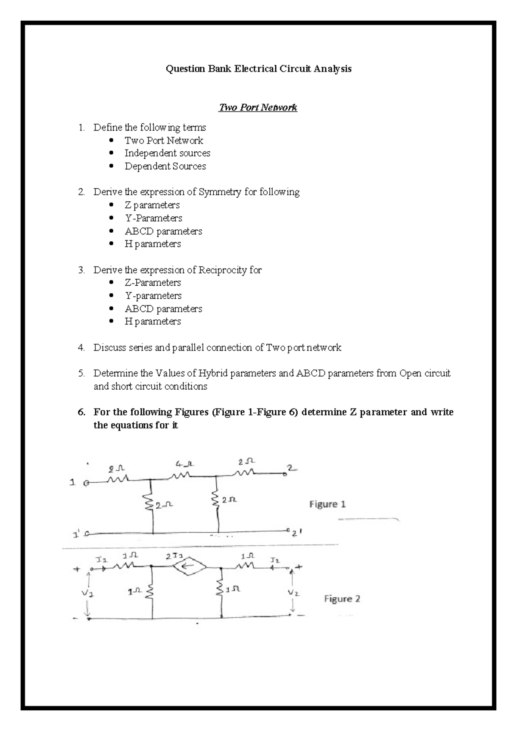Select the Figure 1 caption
[327, 504]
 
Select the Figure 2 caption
[342, 599]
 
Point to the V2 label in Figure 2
[293, 593]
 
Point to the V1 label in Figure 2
[88, 594]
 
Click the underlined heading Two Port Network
[258, 107]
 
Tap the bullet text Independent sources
[167, 153]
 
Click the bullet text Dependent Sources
[165, 166]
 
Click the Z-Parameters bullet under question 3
[153, 283]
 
